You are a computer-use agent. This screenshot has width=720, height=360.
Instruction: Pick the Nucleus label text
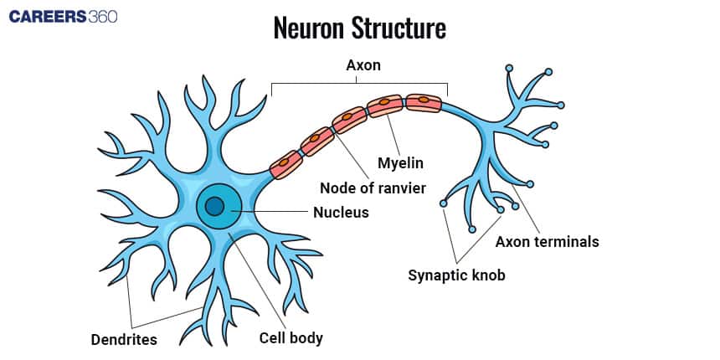[x=341, y=213]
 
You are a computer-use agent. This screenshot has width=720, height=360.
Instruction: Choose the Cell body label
[x=291, y=338]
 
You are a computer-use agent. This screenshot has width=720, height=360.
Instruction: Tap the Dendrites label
[x=124, y=339]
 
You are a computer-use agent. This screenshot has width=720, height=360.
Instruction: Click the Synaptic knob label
[x=457, y=275]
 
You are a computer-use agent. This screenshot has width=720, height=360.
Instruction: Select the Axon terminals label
[x=548, y=242]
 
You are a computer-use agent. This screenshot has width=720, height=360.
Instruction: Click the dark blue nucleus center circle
[x=215, y=206]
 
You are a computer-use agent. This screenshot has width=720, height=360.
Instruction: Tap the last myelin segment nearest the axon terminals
[x=423, y=103]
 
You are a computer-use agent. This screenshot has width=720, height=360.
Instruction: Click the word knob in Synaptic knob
[x=488, y=275]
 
